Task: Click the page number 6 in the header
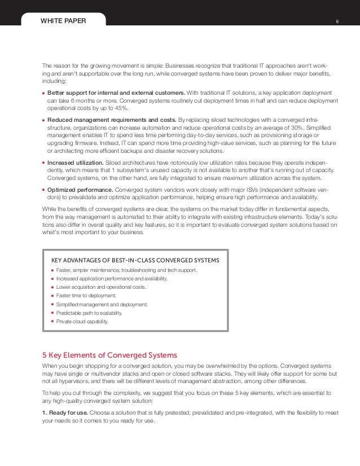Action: click(x=337, y=21)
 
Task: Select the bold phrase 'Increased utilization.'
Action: click(x=75, y=162)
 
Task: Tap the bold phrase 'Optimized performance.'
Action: click(x=78, y=190)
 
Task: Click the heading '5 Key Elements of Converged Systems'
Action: click(x=110, y=355)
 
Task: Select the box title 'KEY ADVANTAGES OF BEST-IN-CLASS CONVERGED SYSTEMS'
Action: click(x=135, y=260)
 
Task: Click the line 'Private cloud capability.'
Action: click(x=82, y=321)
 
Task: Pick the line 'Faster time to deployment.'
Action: click(x=86, y=296)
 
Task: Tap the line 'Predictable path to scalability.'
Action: click(x=89, y=313)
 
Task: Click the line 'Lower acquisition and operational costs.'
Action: click(x=101, y=287)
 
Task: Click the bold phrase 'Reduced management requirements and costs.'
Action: click(x=111, y=120)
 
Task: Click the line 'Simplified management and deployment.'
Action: click(x=102, y=304)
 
